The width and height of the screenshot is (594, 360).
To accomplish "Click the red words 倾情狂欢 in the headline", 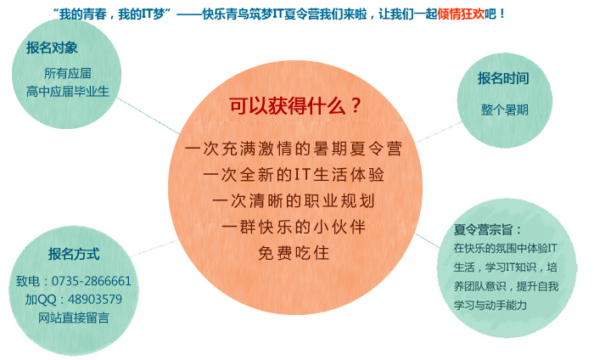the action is pos(461,14).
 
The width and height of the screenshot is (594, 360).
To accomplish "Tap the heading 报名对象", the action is pos(52,48).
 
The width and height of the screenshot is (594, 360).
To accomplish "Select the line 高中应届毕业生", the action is pos(67,92).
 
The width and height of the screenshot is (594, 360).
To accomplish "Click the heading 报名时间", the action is pos(503,78).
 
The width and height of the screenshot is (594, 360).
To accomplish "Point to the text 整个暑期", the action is pos(505,110).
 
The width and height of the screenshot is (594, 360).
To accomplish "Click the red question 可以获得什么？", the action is pos(296,106).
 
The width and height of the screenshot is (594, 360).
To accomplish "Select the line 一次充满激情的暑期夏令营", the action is pos(294,149).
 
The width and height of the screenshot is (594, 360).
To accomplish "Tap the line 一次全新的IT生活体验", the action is pos(294,175).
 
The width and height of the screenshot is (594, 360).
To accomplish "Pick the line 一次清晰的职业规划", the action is pos(294,201).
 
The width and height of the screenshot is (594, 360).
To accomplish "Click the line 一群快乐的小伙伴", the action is pos(294,227).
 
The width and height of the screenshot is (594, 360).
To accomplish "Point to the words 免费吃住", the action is pos(294,253).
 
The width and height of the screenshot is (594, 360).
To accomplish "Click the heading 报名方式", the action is pos(74,254).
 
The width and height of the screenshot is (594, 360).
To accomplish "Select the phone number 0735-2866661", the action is pos(92,281).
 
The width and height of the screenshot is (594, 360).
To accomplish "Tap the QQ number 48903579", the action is pos(95,300).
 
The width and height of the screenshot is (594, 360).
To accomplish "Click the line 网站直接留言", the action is pos(74,318).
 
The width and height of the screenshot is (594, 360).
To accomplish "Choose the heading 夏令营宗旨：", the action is pos(488,229).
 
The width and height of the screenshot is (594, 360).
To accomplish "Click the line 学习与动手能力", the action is pos(490,305).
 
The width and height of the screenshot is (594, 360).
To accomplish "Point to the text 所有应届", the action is pos(67,73).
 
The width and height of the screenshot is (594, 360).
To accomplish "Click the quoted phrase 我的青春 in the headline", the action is pos(81,14).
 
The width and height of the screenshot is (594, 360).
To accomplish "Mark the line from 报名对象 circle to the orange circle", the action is pos(148,115).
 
